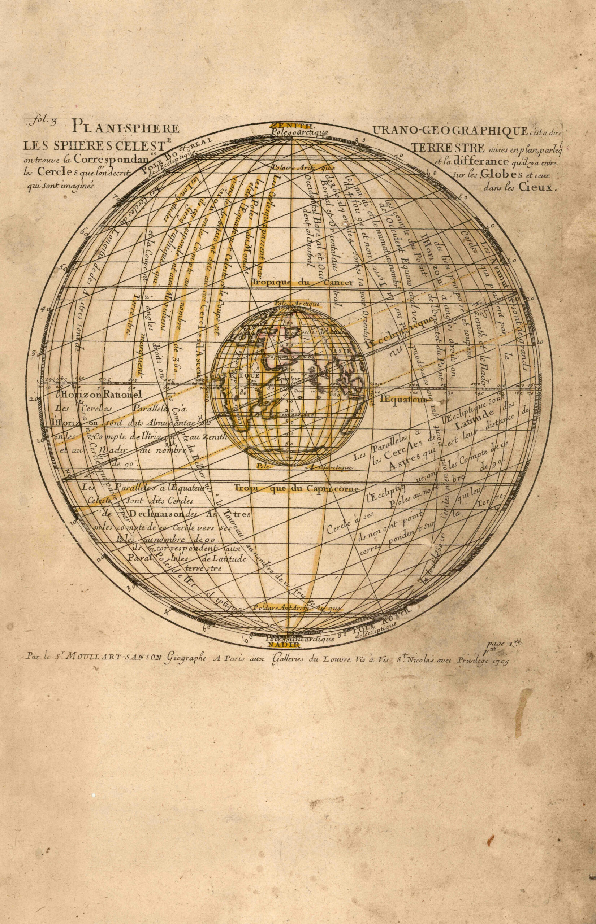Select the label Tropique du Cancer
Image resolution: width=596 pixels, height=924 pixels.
coord(303,283)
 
